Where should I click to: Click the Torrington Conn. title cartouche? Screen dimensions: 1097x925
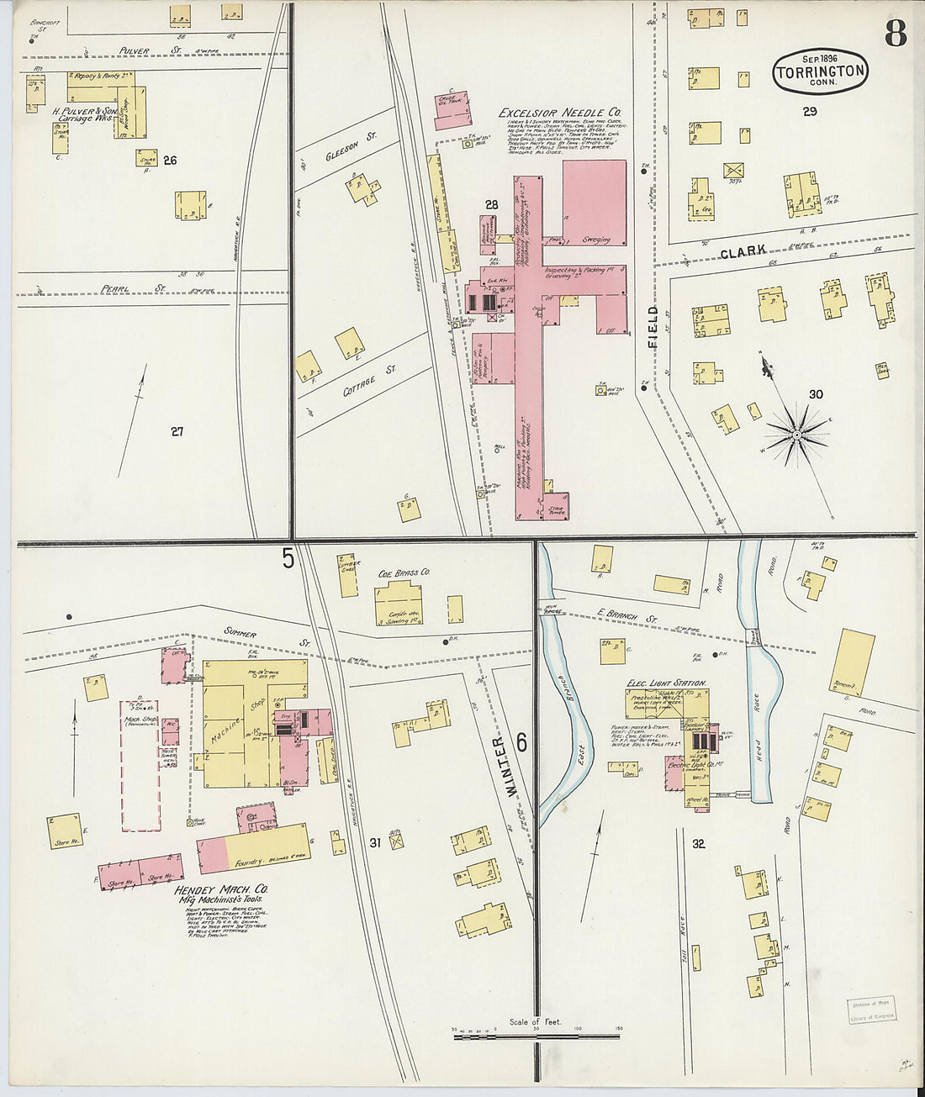(x=820, y=71)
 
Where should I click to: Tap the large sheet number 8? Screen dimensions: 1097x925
(x=895, y=33)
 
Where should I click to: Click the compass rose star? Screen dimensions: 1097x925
(x=795, y=434)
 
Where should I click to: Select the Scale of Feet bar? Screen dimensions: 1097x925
(x=535, y=1036)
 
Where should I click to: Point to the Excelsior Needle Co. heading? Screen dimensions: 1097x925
(x=560, y=113)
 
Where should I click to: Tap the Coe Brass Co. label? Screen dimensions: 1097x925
(x=404, y=573)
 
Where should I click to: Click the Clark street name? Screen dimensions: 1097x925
(x=743, y=251)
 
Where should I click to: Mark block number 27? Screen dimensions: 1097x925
(x=177, y=432)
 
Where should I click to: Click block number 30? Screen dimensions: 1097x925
(x=816, y=394)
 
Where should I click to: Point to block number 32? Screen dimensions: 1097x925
(x=698, y=844)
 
